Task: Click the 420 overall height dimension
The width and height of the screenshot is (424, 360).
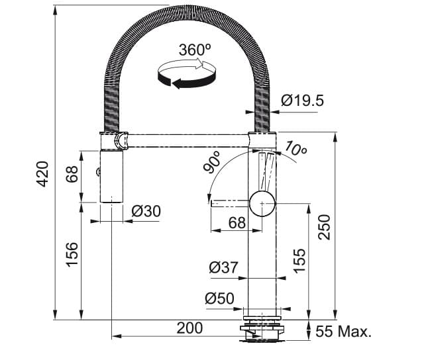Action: pyautogui.click(x=41, y=173)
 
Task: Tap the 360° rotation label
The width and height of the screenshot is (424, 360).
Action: pyautogui.click(x=194, y=50)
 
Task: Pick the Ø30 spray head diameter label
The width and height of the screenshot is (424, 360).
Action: pyautogui.click(x=146, y=211)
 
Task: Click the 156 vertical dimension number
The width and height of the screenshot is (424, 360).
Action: pyautogui.click(x=72, y=254)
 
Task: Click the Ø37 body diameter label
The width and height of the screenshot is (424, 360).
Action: pyautogui.click(x=223, y=268)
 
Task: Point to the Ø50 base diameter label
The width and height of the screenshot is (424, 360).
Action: pyautogui.click(x=219, y=299)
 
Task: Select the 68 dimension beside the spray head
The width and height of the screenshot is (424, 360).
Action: pyautogui.click(x=72, y=175)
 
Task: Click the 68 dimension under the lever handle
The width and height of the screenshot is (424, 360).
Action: pyautogui.click(x=237, y=223)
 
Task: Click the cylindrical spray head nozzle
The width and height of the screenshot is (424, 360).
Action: pyautogui.click(x=111, y=175)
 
